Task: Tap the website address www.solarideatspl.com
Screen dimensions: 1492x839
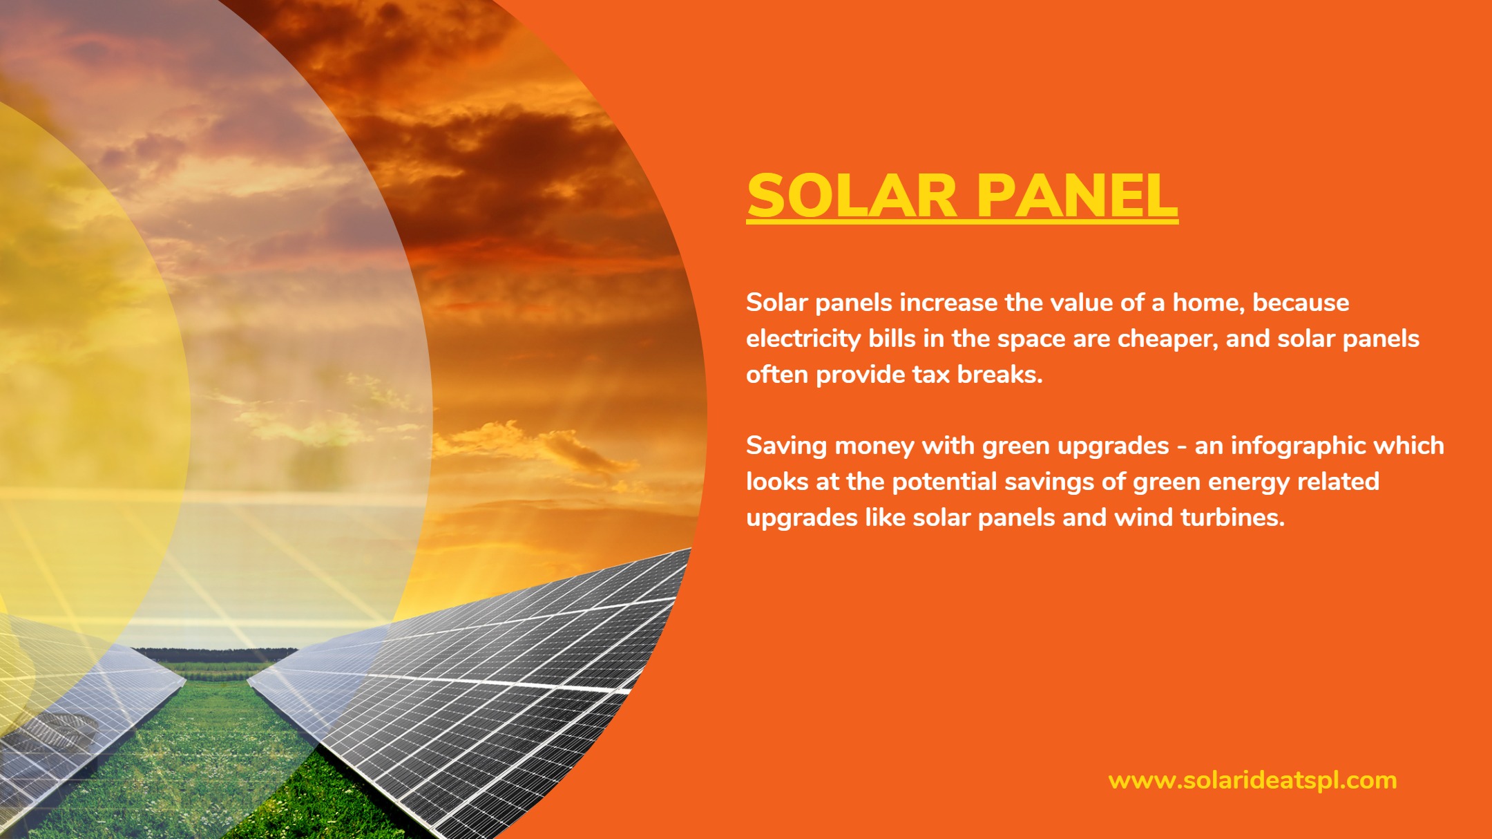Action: pos(1252,780)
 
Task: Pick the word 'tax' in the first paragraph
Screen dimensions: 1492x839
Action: pos(931,375)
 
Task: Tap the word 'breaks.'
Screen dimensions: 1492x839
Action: pos(1000,374)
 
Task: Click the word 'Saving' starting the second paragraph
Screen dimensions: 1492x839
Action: pos(786,446)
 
